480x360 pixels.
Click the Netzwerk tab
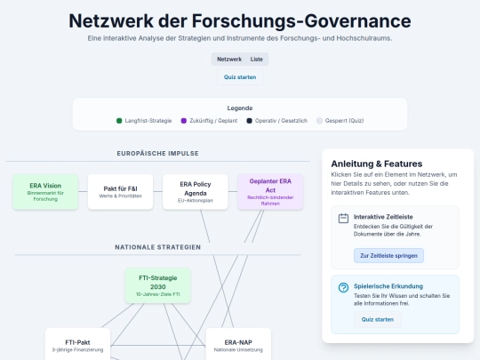click(x=229, y=59)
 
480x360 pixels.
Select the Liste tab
click(x=257, y=59)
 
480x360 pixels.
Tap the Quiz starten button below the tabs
click(x=240, y=77)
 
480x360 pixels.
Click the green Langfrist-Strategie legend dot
click(x=119, y=121)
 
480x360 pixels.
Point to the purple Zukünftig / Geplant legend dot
click(x=184, y=121)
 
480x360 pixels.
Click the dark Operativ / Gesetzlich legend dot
click(x=249, y=121)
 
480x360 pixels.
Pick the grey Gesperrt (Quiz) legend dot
click(x=319, y=121)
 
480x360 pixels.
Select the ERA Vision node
click(x=45, y=192)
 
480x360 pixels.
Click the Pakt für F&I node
click(x=120, y=192)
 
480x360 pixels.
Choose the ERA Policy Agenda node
click(x=196, y=192)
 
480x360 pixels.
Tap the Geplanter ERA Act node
click(x=270, y=192)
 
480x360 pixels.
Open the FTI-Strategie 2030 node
click(x=157, y=285)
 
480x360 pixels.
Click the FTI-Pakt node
click(x=77, y=345)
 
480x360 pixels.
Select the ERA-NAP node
click(x=238, y=345)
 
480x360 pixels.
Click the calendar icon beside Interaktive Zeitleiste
click(x=343, y=219)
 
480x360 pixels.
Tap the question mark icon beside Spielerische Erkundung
click(x=343, y=288)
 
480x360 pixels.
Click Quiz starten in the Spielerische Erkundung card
click(x=378, y=320)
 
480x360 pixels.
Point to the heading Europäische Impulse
click(x=157, y=154)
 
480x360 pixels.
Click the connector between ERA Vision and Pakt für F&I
click(x=83, y=192)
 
